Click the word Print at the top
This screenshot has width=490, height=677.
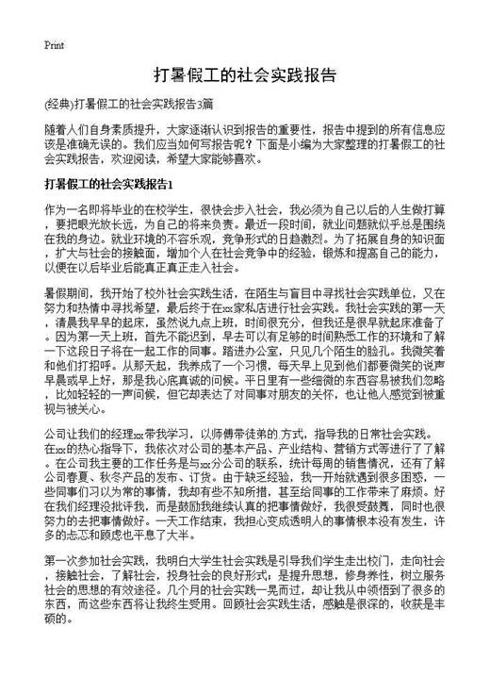tap(54, 44)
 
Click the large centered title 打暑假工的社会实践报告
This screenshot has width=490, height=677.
tap(245, 75)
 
